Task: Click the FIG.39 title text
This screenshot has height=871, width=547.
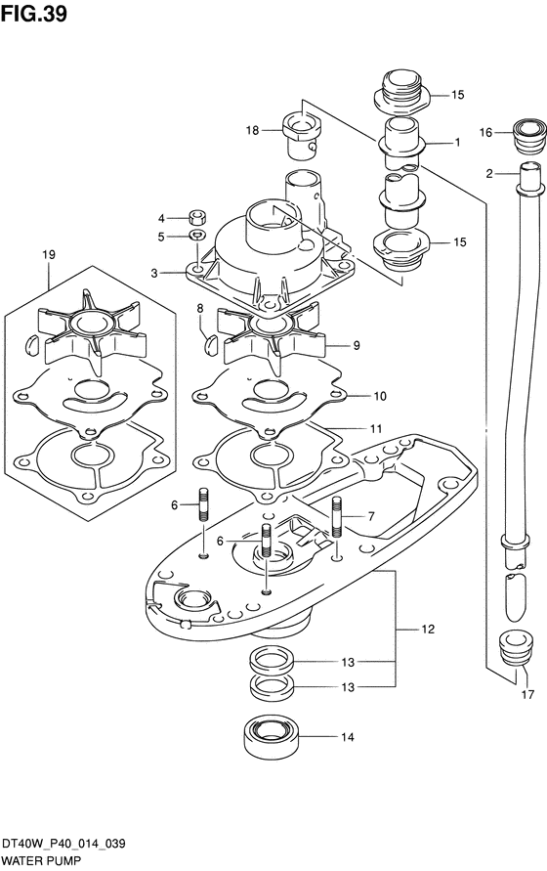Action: click(34, 14)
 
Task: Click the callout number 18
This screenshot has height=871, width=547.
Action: click(253, 131)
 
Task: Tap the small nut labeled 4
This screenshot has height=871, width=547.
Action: click(196, 215)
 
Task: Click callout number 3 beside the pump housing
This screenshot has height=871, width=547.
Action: click(155, 273)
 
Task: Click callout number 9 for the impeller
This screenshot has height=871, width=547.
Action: click(356, 345)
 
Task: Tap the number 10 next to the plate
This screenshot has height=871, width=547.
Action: click(380, 396)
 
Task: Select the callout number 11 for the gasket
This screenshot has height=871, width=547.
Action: click(376, 429)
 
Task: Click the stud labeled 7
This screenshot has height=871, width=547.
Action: click(337, 517)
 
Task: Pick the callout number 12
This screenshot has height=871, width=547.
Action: click(428, 630)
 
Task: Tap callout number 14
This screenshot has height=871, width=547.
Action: click(347, 737)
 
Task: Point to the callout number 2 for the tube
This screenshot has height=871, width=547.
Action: click(489, 174)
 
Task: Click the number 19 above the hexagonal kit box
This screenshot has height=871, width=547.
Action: click(49, 255)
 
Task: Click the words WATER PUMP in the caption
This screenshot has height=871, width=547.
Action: click(41, 861)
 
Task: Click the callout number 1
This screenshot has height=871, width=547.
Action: click(457, 143)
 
